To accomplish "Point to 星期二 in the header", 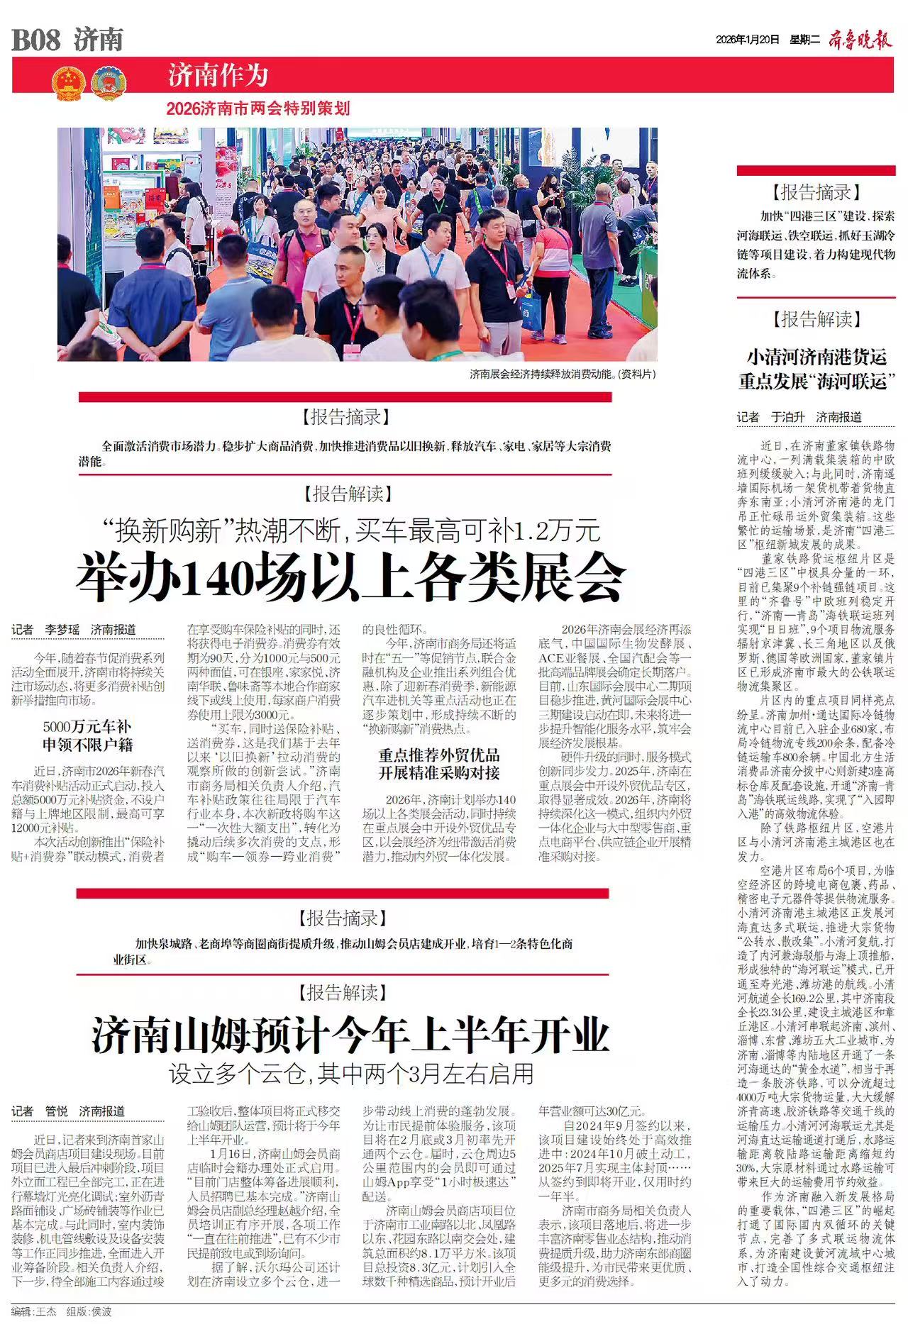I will (x=804, y=40).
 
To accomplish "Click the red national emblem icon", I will (x=68, y=84).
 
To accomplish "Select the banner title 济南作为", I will (x=218, y=74).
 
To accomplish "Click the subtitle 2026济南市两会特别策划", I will (x=258, y=109).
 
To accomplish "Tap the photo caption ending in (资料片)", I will (x=563, y=374).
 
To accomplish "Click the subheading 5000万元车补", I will (x=87, y=727).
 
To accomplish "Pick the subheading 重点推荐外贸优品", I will (x=438, y=755).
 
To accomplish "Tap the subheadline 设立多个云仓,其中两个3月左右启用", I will (x=350, y=1074).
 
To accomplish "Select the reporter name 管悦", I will (x=57, y=1111).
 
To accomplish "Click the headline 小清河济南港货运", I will (x=816, y=357).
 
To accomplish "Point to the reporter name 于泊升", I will (x=787, y=417).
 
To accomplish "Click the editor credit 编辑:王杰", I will (x=33, y=1312).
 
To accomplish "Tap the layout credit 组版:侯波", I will (x=89, y=1312).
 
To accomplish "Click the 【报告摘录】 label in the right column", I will (x=816, y=192).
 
